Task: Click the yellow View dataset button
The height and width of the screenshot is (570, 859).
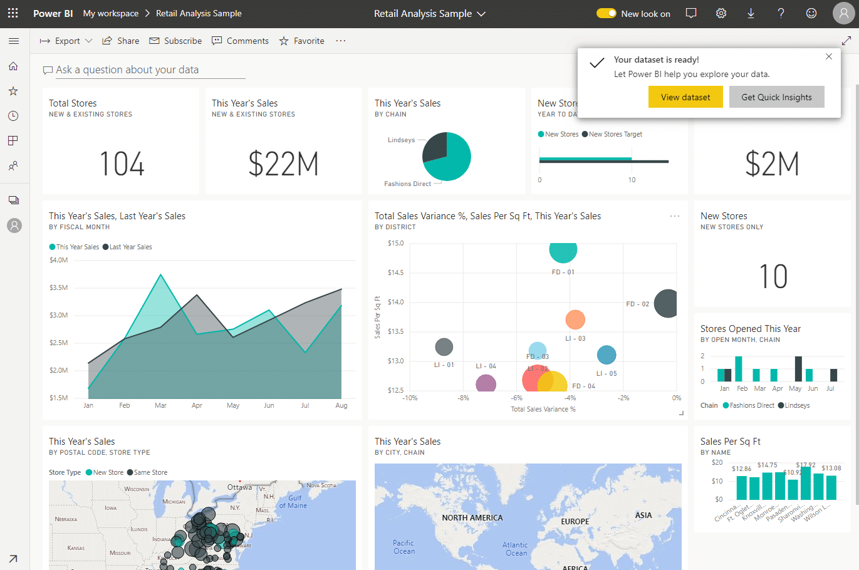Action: point(685,97)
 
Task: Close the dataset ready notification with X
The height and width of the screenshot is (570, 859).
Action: point(829,56)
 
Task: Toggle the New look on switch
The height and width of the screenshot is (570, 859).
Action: point(606,13)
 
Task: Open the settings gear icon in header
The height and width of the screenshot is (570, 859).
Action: point(721,13)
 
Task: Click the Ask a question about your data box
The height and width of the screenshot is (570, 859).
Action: point(127,70)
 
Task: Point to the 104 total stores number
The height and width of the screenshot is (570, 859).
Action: point(122,164)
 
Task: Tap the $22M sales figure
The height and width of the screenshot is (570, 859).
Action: point(283,164)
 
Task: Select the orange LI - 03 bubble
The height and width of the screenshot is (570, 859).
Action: point(575,319)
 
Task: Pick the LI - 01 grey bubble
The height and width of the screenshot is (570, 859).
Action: point(444,346)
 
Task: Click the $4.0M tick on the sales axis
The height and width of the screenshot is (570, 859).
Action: point(59,260)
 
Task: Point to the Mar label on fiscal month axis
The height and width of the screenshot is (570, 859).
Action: point(160,405)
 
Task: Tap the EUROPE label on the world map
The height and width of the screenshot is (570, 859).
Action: point(575,521)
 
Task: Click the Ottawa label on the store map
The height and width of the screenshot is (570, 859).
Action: point(239,487)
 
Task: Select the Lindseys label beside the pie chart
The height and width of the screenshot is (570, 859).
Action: point(401,140)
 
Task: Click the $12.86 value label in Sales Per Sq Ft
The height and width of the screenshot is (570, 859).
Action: point(741,469)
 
